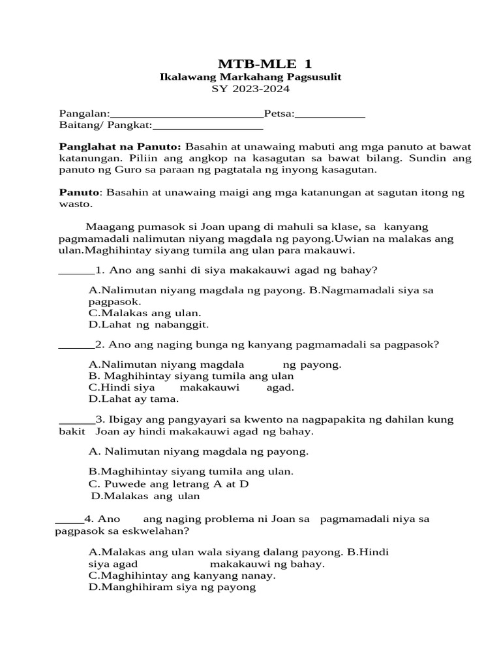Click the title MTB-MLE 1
[x=264, y=63]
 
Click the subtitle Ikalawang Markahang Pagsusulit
[x=251, y=77]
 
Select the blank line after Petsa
[x=330, y=115]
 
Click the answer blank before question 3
[x=76, y=420]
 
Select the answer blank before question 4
[x=69, y=521]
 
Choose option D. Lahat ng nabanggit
[x=148, y=324]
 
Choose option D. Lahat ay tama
[x=133, y=399]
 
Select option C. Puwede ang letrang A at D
[x=168, y=484]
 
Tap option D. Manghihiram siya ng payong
[x=172, y=587]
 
